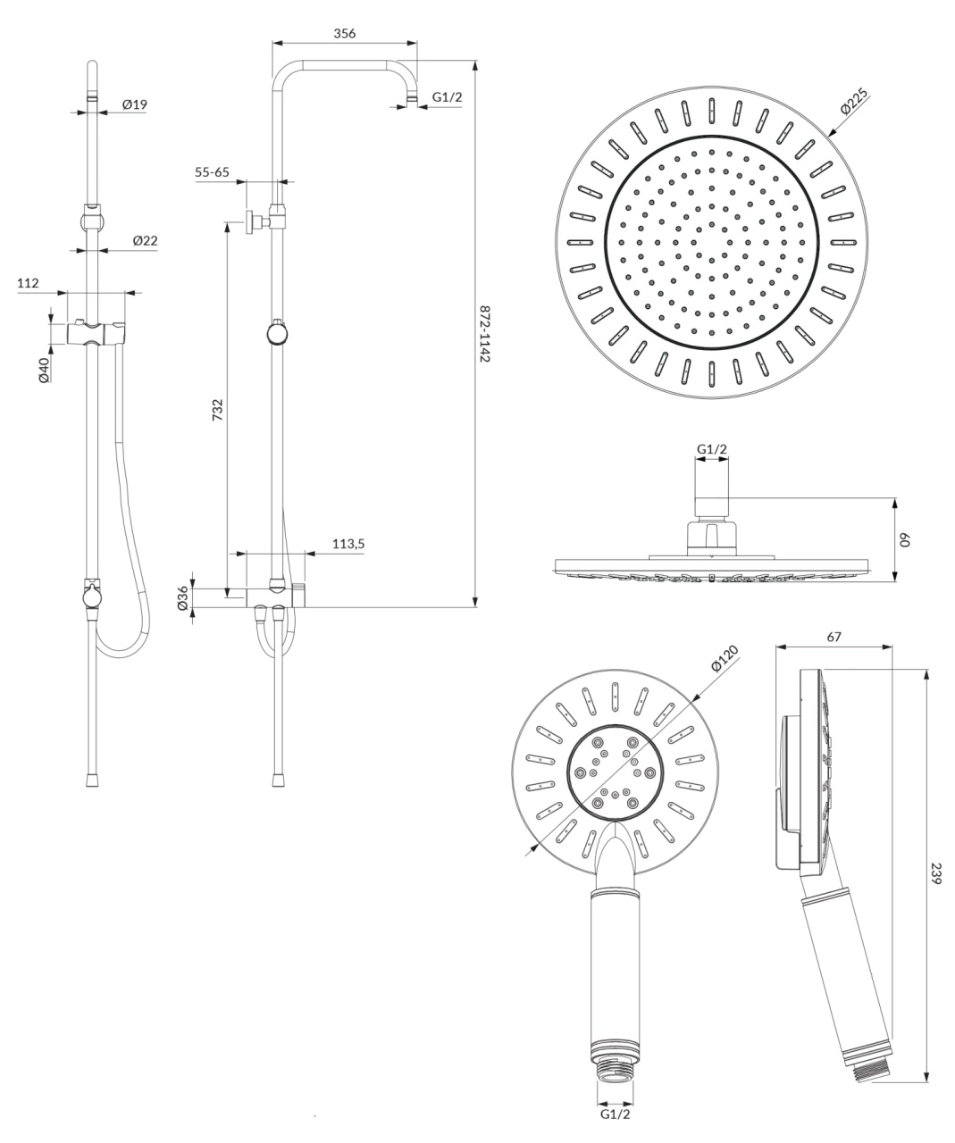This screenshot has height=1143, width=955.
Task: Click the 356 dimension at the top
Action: click(345, 33)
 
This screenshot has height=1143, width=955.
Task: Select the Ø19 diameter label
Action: click(135, 104)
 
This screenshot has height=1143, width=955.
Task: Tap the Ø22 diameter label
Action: click(145, 240)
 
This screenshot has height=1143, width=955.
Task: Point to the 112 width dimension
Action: click(28, 283)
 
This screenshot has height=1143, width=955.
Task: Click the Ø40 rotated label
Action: click(44, 370)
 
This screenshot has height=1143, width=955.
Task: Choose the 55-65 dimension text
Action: click(212, 172)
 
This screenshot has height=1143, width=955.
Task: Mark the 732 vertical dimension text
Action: click(218, 410)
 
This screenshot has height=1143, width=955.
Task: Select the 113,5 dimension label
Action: click(348, 544)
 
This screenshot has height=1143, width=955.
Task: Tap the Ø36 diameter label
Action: click(183, 597)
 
